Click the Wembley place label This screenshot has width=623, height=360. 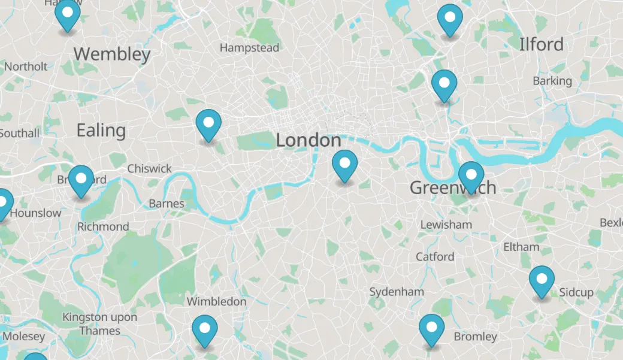coord(112,54)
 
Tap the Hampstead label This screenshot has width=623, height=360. coord(249,47)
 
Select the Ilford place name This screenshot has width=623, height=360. coord(541,44)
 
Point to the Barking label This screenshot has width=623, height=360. coord(552,80)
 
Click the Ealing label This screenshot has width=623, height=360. coord(101,130)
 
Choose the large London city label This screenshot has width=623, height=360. coord(308,140)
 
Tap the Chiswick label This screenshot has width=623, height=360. coord(149,168)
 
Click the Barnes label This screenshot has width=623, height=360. coord(167,204)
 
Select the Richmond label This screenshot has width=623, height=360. coord(103,226)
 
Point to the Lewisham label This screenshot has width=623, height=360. coord(446,225)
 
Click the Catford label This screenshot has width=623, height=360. coord(435,256)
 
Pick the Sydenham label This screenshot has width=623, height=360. coord(396,292)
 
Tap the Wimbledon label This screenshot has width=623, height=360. coord(216,301)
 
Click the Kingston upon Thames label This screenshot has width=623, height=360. coord(100,323)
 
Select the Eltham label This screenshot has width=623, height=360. coord(521,246)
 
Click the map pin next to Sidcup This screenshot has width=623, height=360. coord(542,280)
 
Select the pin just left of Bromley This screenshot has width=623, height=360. coord(431,329)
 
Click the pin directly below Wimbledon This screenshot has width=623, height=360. coord(205,330)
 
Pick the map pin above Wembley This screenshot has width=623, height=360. coord(68,14)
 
